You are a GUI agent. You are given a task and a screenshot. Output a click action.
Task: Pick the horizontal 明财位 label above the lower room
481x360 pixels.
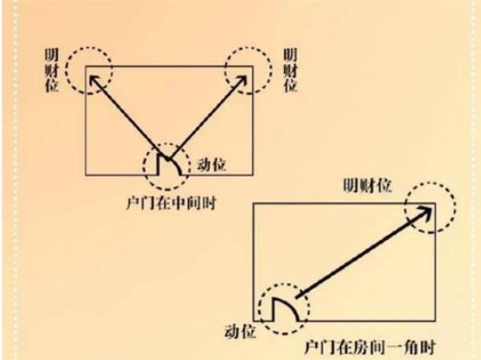[367, 185]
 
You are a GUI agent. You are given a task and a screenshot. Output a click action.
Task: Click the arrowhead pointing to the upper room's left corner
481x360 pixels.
[93, 78]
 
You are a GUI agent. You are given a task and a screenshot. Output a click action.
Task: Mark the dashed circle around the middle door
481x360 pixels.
[168, 163]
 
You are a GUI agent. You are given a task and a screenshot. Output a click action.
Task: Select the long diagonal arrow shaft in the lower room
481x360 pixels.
[362, 254]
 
